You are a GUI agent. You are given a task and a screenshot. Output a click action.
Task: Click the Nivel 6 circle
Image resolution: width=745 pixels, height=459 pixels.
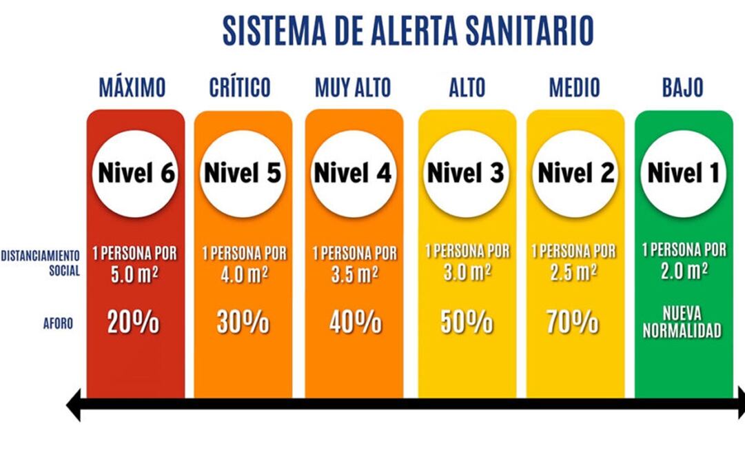click(x=136, y=173)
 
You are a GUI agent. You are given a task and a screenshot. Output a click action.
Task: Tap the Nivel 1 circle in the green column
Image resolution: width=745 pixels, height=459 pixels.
click(x=684, y=173)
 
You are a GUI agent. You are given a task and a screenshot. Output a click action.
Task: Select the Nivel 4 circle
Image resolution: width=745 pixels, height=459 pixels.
click(x=353, y=173)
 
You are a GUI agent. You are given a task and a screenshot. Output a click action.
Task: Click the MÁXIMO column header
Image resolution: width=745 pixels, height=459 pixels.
click(x=132, y=88)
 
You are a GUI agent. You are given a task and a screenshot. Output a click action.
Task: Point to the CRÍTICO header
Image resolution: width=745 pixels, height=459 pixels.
click(x=240, y=88)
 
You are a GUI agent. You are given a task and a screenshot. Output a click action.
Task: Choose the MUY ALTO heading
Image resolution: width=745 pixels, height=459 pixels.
click(x=353, y=88)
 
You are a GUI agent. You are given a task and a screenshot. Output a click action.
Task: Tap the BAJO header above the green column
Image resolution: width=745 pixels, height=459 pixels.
click(x=682, y=88)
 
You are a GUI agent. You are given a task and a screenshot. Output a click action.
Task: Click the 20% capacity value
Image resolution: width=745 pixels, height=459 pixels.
click(x=133, y=323)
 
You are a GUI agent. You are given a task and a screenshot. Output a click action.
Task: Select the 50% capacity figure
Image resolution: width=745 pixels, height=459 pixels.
click(x=467, y=323)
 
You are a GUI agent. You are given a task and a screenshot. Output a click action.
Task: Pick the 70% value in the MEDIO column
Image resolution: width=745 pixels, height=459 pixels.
click(x=573, y=323)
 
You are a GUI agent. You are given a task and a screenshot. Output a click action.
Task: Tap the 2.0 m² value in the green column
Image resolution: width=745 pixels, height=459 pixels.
click(x=683, y=270)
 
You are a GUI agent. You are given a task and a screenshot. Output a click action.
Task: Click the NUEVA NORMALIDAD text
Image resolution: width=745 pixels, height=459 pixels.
click(x=682, y=323)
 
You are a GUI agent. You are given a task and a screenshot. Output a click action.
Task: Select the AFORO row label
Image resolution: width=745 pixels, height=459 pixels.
click(x=57, y=323)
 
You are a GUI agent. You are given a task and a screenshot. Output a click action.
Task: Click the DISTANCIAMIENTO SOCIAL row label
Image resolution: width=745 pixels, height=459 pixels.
click(x=41, y=263)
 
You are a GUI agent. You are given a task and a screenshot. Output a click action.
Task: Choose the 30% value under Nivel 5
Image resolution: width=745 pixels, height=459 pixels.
click(x=243, y=323)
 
